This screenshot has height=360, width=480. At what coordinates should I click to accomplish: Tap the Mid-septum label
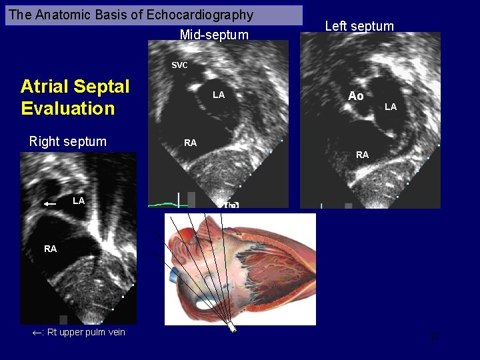click(213, 35)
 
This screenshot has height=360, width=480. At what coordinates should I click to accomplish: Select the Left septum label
click(359, 27)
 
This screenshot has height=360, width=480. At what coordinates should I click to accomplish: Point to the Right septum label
click(67, 141)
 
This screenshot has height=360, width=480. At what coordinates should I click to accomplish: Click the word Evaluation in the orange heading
click(67, 109)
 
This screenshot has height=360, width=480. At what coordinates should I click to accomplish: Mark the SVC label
click(179, 65)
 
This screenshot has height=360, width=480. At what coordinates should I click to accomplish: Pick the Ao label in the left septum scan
click(356, 96)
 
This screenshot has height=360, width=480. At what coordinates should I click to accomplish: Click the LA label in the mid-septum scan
click(218, 95)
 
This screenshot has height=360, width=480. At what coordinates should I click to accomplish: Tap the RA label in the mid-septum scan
click(190, 143)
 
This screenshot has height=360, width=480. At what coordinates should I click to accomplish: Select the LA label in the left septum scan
click(391, 107)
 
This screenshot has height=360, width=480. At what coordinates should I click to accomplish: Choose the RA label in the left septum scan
click(362, 155)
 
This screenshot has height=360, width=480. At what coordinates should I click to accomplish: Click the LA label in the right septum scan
click(79, 201)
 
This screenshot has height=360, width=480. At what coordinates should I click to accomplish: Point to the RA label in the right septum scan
click(51, 249)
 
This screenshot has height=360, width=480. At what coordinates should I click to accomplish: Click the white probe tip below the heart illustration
click(233, 328)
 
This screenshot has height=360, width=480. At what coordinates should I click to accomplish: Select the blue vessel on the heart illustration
click(175, 272)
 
